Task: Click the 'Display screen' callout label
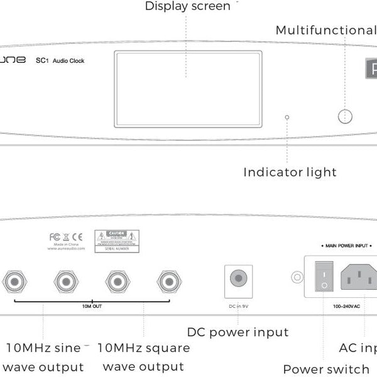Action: [x=187, y=6]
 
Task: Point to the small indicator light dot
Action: [x=287, y=117]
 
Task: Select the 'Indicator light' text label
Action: [x=290, y=172]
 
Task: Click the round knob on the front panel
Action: [x=345, y=116]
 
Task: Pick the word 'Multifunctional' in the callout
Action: [x=325, y=30]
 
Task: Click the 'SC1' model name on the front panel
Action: [x=42, y=61]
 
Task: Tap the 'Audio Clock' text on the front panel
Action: [x=68, y=61]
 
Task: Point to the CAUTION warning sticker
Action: [x=116, y=241]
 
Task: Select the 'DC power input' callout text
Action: [x=238, y=332]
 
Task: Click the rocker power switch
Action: [x=323, y=276]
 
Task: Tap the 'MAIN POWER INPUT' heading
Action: [x=345, y=246]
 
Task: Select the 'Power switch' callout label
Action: [x=325, y=369]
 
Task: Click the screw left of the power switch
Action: [x=295, y=276]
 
